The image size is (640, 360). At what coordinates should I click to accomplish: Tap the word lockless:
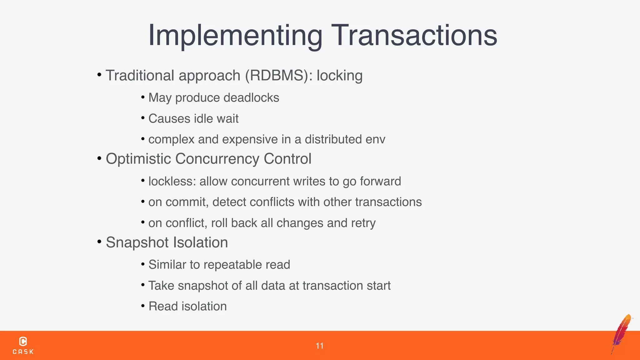click(x=172, y=182)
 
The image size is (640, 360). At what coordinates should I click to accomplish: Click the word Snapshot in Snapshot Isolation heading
click(x=137, y=243)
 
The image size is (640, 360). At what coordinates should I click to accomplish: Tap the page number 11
click(x=319, y=346)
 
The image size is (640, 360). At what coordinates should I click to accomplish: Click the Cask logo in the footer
click(x=23, y=346)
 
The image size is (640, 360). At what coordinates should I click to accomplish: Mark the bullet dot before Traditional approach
click(x=99, y=75)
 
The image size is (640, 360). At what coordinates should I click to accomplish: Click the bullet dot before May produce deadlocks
click(x=143, y=97)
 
